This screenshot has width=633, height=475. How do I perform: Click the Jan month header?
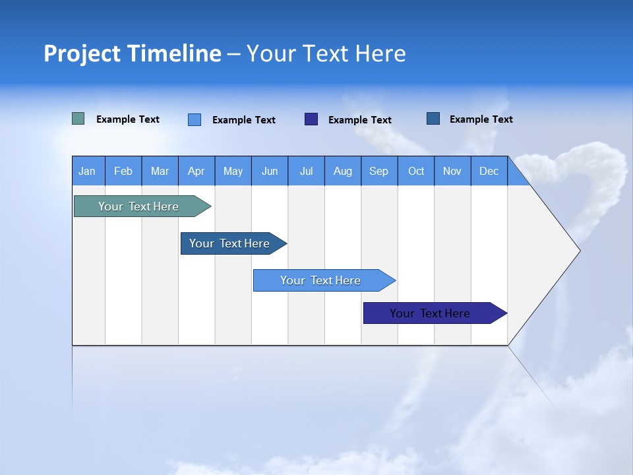pyautogui.click(x=88, y=171)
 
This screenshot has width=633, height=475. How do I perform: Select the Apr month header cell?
pyautogui.click(x=196, y=171)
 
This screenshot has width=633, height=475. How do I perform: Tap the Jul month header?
pyautogui.click(x=307, y=171)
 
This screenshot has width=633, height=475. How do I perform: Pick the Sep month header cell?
pyautogui.click(x=379, y=171)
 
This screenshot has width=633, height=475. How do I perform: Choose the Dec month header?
pyautogui.click(x=489, y=171)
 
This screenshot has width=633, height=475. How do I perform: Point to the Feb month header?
pyautogui.click(x=123, y=171)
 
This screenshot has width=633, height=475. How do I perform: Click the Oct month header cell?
pyautogui.click(x=416, y=171)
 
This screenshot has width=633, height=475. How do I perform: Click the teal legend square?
pyautogui.click(x=78, y=119)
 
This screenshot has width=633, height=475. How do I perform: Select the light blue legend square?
pyautogui.click(x=195, y=119)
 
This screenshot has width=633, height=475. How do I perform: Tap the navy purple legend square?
pyautogui.click(x=311, y=119)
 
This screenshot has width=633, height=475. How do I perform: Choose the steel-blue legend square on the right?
pyautogui.click(x=433, y=119)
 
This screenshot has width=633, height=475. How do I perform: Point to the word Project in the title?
pyautogui.click(x=82, y=53)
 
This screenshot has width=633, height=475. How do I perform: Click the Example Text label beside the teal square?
pyautogui.click(x=128, y=119)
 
